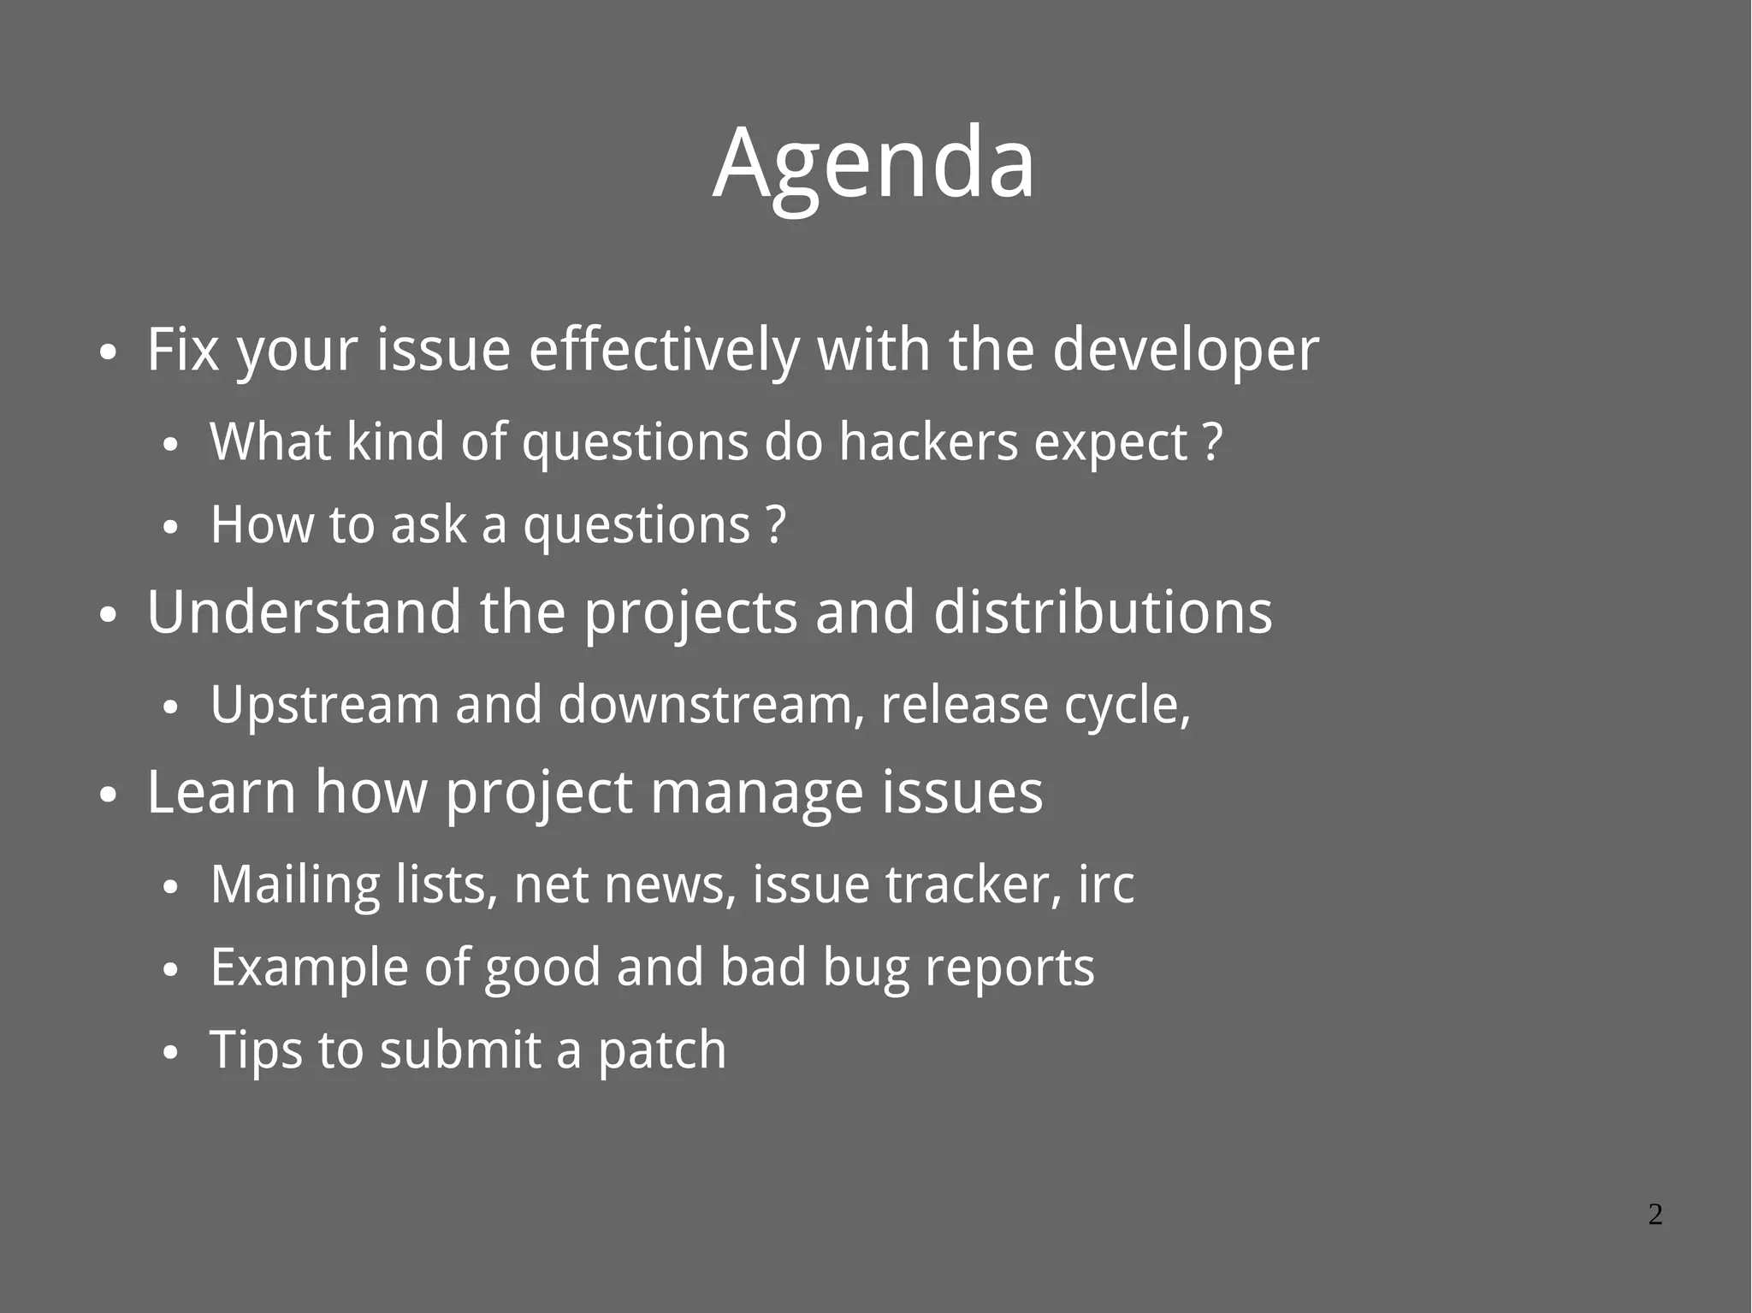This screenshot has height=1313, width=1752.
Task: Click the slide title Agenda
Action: [873, 163]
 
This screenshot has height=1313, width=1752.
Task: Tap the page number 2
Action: [1655, 1214]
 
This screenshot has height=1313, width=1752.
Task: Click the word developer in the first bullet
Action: [1185, 350]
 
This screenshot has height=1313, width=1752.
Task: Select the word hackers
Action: [927, 442]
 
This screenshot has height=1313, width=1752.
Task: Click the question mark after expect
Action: [1213, 442]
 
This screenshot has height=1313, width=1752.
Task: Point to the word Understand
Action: [304, 612]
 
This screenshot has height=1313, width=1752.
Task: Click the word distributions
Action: [1102, 612]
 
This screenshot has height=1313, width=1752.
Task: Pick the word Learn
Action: [221, 792]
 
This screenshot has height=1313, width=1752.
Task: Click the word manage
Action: [756, 792]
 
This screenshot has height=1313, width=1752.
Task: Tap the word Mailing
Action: [294, 884]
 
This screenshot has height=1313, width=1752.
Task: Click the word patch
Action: [661, 1050]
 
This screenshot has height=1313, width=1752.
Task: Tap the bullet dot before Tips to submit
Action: [170, 1053]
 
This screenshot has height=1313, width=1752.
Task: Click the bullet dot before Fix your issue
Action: [107, 352]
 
